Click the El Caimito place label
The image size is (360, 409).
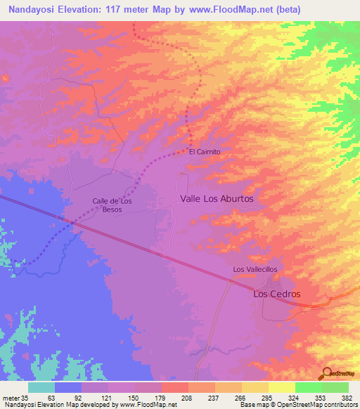pos(205,151)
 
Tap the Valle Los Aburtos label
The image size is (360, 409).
pos(216,199)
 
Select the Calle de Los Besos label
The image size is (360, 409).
pos(112,205)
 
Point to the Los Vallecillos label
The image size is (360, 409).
pos(255,270)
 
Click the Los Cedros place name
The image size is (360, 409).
pos(276,294)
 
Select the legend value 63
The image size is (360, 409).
pos(51,397)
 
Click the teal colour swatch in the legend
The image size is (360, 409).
pos(41,387)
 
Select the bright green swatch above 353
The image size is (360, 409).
pos(309,387)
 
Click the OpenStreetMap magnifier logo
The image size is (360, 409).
pos(326,373)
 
